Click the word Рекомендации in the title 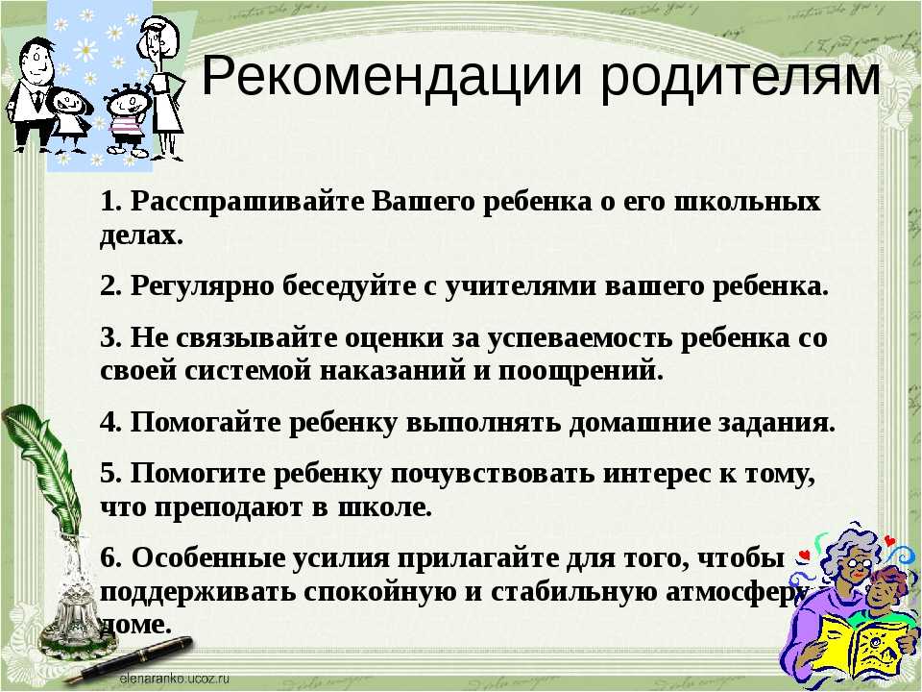392,77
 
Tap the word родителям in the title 740,77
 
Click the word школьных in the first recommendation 747,202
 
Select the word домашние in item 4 640,423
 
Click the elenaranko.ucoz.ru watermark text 174,680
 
